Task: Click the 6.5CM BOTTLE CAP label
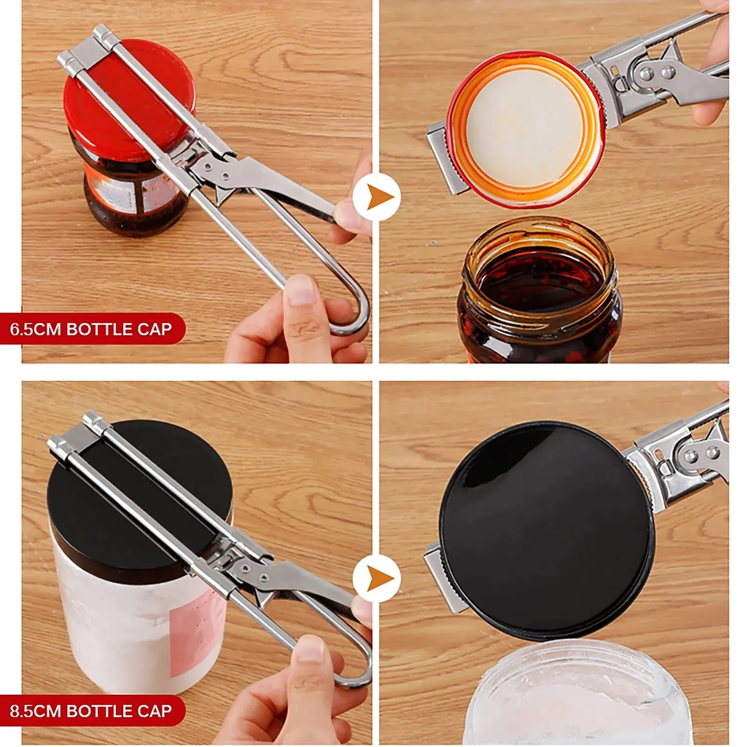point(91,329)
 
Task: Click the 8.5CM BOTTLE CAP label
point(91,711)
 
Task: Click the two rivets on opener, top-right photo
point(654,72)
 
